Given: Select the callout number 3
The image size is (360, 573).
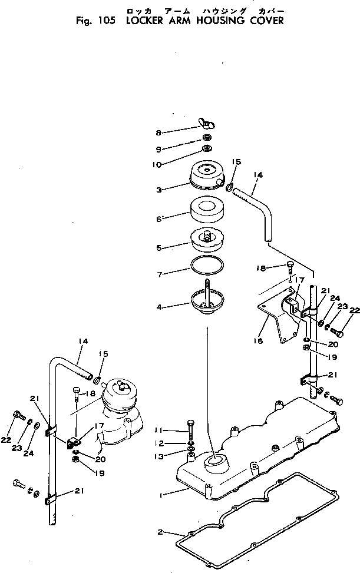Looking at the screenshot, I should coord(158,190).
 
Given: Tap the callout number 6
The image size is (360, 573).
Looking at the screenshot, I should coord(158,218).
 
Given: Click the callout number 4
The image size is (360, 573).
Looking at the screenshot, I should coord(158,307).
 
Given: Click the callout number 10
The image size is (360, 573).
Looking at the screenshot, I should coord(156,165).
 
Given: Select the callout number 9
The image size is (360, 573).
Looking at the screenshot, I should coord(158,148).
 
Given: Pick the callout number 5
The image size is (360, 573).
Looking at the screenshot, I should coord(158,248).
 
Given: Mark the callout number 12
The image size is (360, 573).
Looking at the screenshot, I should coord(158,443).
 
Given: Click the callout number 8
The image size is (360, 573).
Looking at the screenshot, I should coord(158,133).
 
